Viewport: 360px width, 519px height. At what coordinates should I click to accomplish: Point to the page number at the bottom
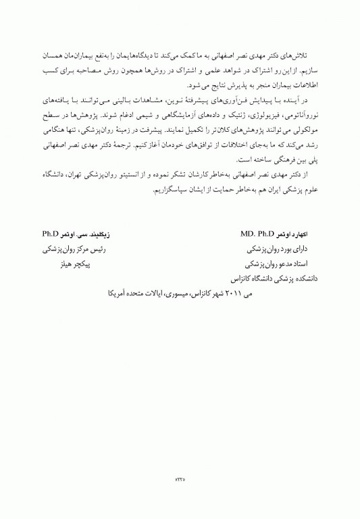tap(180, 478)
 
